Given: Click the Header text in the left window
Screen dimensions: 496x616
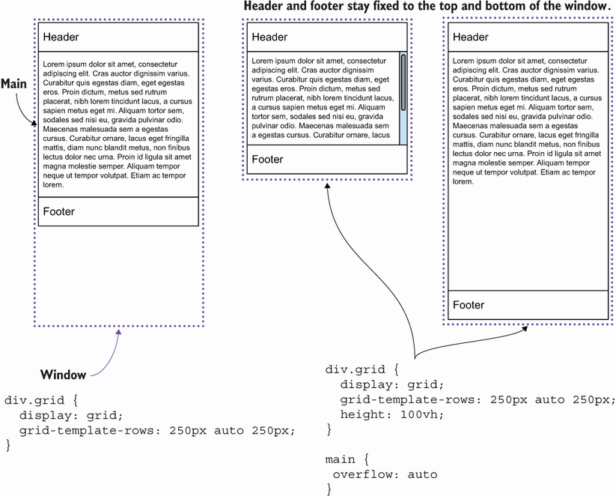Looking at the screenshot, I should [61, 37].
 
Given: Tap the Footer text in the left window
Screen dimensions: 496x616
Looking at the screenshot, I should [58, 211].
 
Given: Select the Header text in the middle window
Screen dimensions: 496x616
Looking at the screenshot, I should [269, 37].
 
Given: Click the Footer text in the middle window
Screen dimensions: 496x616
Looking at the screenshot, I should [267, 159].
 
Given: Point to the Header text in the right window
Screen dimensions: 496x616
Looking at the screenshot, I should [470, 37].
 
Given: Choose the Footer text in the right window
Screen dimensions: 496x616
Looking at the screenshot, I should [469, 305].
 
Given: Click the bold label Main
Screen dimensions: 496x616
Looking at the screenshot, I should [13, 85].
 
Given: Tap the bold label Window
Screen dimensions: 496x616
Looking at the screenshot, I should [63, 374].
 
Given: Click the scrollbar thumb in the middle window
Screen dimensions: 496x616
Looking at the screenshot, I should [403, 82].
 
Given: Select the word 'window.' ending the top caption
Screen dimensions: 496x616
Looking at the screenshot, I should [586, 6].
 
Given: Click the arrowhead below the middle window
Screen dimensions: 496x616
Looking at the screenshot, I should [328, 187].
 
